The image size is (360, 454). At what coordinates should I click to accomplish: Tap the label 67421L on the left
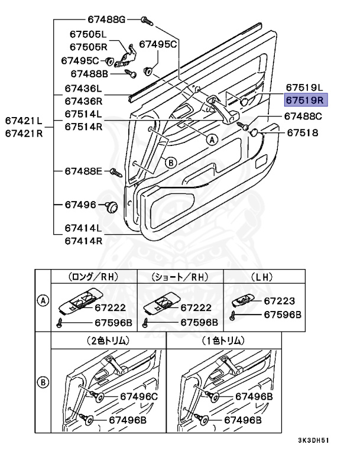point(24,121)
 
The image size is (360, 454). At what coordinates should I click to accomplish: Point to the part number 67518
point(303,133)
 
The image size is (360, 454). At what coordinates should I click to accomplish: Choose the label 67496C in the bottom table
point(139,396)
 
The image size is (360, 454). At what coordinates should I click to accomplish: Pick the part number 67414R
point(83,241)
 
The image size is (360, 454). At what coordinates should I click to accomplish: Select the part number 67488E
point(84,171)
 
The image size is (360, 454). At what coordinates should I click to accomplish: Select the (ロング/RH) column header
point(94,276)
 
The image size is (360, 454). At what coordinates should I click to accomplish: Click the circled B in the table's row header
point(43,382)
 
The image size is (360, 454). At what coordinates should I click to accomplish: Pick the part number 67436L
point(83,87)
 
